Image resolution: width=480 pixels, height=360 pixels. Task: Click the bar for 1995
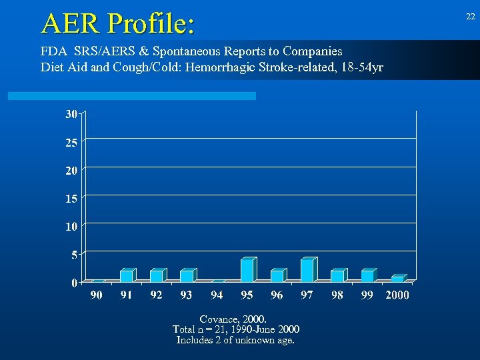click(x=247, y=269)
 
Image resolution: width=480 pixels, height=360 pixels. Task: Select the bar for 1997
click(x=307, y=269)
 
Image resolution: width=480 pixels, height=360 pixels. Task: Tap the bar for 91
click(x=127, y=275)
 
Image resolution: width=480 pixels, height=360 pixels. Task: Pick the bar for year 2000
click(x=398, y=278)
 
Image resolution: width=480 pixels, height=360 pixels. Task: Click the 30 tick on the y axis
click(x=71, y=114)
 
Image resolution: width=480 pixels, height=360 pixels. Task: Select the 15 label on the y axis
click(x=71, y=198)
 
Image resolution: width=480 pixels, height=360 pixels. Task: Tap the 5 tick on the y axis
click(x=73, y=254)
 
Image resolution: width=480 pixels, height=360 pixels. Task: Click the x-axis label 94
click(x=217, y=295)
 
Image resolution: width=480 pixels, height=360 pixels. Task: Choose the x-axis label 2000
click(x=397, y=295)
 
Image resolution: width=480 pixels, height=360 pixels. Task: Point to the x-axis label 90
click(x=97, y=295)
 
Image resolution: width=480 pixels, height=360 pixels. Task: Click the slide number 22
click(x=470, y=17)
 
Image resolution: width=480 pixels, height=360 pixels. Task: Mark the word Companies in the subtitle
click(x=313, y=51)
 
